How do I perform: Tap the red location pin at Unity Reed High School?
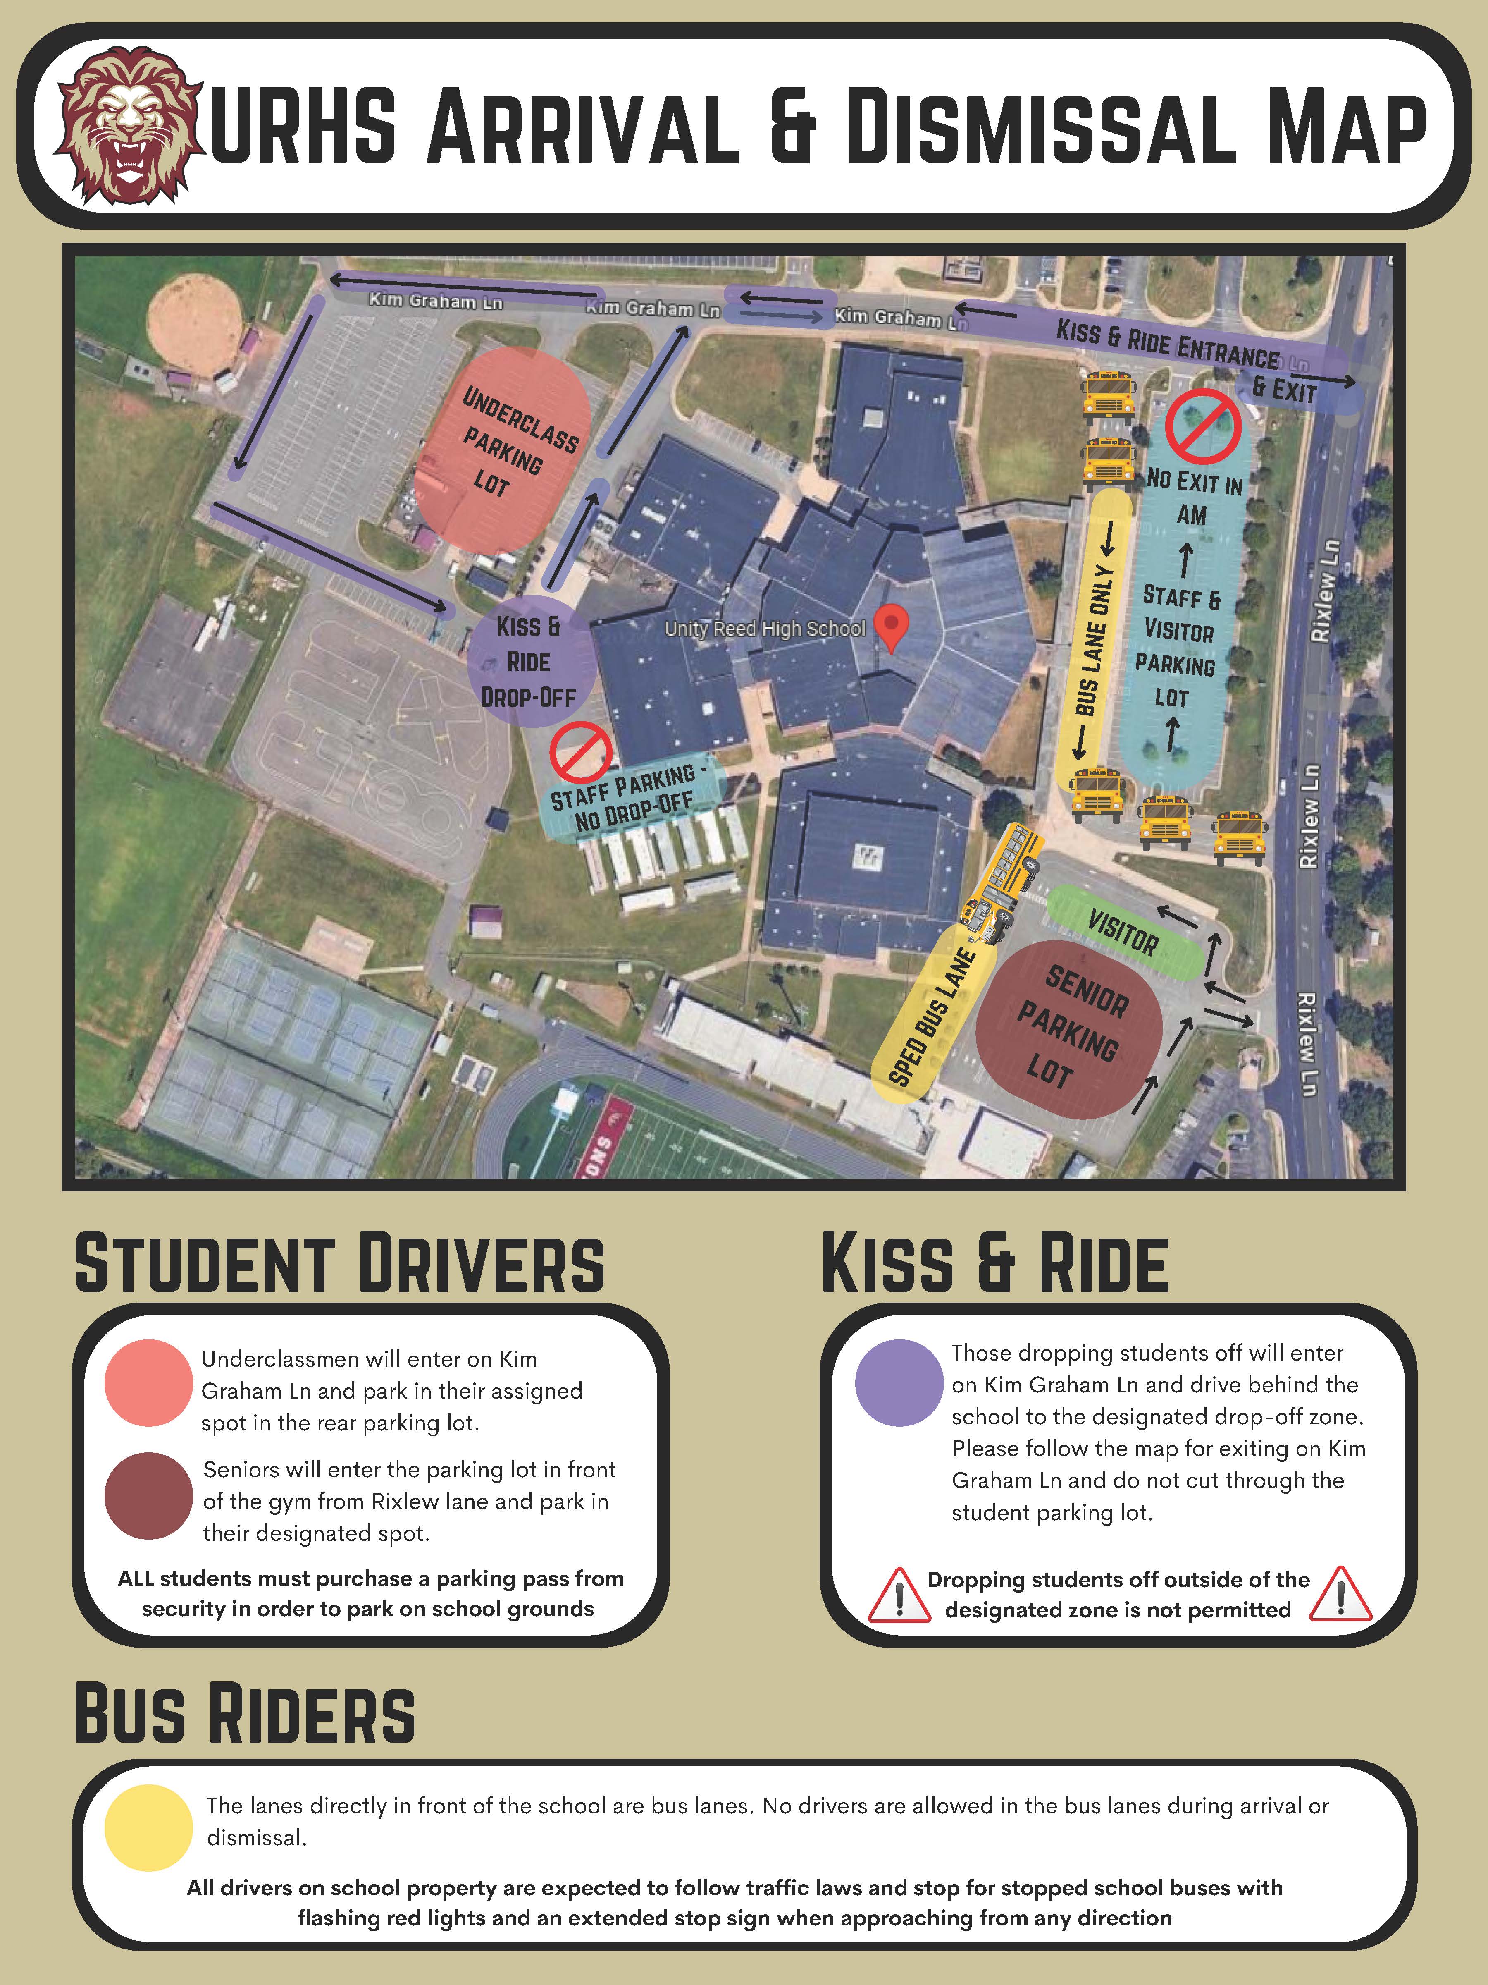pos(891,625)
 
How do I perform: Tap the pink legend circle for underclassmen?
pos(148,1383)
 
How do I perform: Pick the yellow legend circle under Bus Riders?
pos(148,1827)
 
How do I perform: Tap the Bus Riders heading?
pos(245,1714)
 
